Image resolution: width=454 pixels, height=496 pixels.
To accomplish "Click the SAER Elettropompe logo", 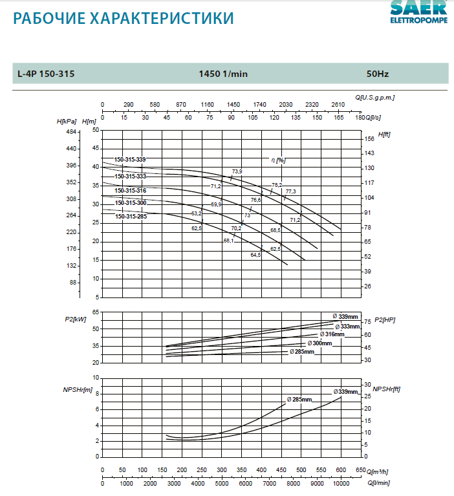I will tap(418, 11).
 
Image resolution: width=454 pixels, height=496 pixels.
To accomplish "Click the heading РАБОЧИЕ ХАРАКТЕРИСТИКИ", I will tap(124, 19).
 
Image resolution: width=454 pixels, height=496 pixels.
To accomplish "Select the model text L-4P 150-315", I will tap(46, 74).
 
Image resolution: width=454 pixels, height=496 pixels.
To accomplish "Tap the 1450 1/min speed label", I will tap(223, 74).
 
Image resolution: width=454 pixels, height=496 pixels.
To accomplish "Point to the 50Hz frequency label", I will tap(377, 74).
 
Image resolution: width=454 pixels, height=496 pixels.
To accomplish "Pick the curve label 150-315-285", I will tap(131, 217).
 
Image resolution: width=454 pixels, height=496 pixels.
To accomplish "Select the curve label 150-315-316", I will tap(130, 191).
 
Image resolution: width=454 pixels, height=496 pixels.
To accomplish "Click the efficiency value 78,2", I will tap(276, 185).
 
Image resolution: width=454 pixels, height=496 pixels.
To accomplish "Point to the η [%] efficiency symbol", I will tap(277, 160).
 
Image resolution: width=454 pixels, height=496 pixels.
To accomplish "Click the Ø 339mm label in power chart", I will tap(345, 316).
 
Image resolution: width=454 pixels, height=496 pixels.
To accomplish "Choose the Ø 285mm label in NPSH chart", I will tap(297, 400).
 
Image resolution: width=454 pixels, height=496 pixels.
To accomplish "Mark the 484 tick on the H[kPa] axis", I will tap(71, 132).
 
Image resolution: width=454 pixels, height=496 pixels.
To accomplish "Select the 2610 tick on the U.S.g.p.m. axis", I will tap(338, 104).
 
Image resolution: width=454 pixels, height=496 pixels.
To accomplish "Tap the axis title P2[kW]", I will tap(76, 319).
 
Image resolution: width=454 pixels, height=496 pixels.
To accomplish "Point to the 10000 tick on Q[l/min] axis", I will tap(341, 483).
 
